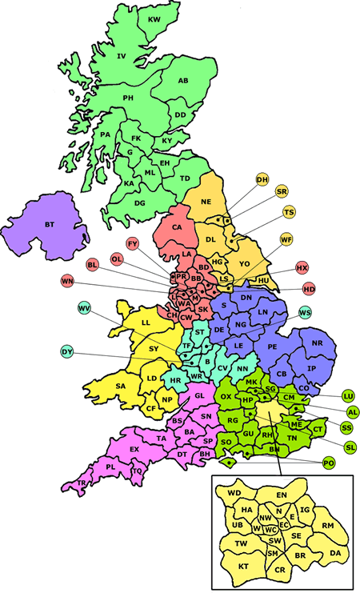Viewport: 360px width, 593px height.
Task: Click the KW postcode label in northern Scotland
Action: tap(154, 18)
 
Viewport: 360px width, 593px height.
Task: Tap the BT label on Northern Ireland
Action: tap(50, 225)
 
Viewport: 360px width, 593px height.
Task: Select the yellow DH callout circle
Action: tap(262, 179)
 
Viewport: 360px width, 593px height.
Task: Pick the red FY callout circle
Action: tap(133, 242)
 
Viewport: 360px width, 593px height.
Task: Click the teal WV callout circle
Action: tap(85, 309)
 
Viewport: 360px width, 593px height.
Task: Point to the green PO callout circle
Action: tap(328, 463)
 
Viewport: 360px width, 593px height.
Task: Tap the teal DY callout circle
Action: tap(68, 351)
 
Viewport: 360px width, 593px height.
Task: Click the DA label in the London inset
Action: tap(335, 552)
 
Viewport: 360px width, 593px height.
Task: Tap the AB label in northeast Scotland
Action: tap(183, 81)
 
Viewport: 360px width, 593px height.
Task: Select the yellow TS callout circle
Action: tap(289, 212)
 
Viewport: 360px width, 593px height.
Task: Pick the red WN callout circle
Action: tap(67, 281)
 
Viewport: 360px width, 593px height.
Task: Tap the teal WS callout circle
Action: tap(304, 311)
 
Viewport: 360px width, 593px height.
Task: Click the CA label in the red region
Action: tap(178, 227)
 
